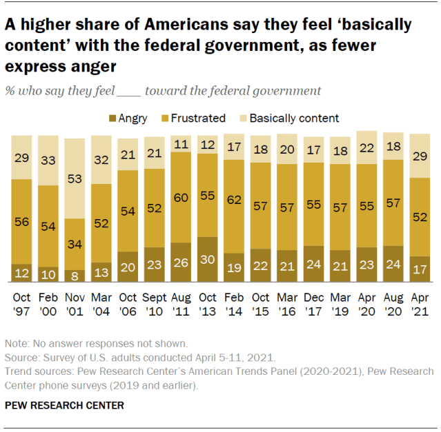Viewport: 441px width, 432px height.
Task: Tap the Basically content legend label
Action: (x=293, y=119)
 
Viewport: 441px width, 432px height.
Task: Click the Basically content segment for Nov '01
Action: (x=75, y=178)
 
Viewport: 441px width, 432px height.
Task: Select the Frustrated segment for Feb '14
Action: (x=234, y=206)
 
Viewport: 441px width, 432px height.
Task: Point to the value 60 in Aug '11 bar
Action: (x=181, y=197)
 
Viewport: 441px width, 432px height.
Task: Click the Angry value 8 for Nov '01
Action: (x=75, y=276)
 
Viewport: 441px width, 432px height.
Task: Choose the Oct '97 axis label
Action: (x=21, y=304)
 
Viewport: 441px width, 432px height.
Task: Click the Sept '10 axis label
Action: (x=155, y=304)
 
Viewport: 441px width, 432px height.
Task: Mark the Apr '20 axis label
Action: (x=367, y=304)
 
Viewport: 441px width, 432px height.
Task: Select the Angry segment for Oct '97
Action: (x=21, y=273)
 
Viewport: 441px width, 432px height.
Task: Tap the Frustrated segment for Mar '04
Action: (x=101, y=223)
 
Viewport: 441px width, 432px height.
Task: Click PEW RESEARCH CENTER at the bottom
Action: (x=64, y=405)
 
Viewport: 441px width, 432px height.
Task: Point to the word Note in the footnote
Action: (x=17, y=344)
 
